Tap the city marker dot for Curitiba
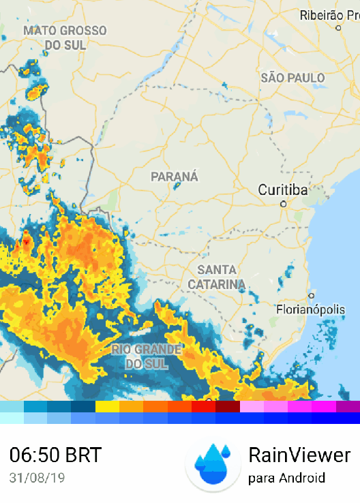pos(284,203)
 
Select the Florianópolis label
pos(310,309)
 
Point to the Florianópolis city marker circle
pos(311,296)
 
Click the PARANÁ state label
pos(175,177)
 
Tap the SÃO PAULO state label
pos(292,78)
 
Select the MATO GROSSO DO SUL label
pos(65,37)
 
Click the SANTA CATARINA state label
pos(216,277)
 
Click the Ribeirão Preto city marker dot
pos(338,27)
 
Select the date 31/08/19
pos(37,478)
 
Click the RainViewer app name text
pos(299,455)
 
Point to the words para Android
pos(286,478)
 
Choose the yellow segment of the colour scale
pos(107,407)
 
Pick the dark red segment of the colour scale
pos(228,407)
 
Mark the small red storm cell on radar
pos(26,242)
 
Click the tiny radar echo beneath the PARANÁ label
pos(177,188)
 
